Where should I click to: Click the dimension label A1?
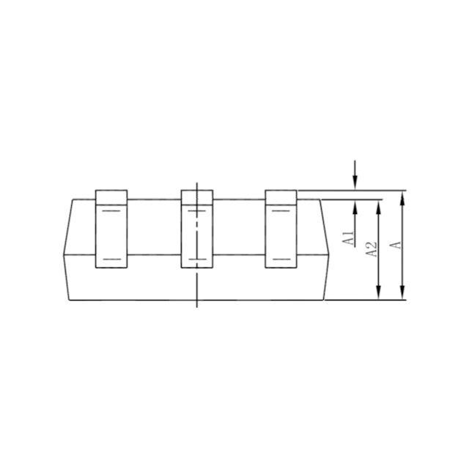[x=348, y=237]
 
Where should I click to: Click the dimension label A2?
[x=372, y=249]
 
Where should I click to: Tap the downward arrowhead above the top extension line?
[x=355, y=182]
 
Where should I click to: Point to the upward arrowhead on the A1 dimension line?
[x=355, y=207]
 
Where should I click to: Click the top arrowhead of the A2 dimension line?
[x=378, y=207]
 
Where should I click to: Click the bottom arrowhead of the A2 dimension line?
[x=378, y=292]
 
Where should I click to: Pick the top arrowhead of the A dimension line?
[x=402, y=198]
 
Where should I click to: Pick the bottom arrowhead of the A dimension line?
[x=402, y=292]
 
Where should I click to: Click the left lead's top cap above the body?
[x=111, y=197]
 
